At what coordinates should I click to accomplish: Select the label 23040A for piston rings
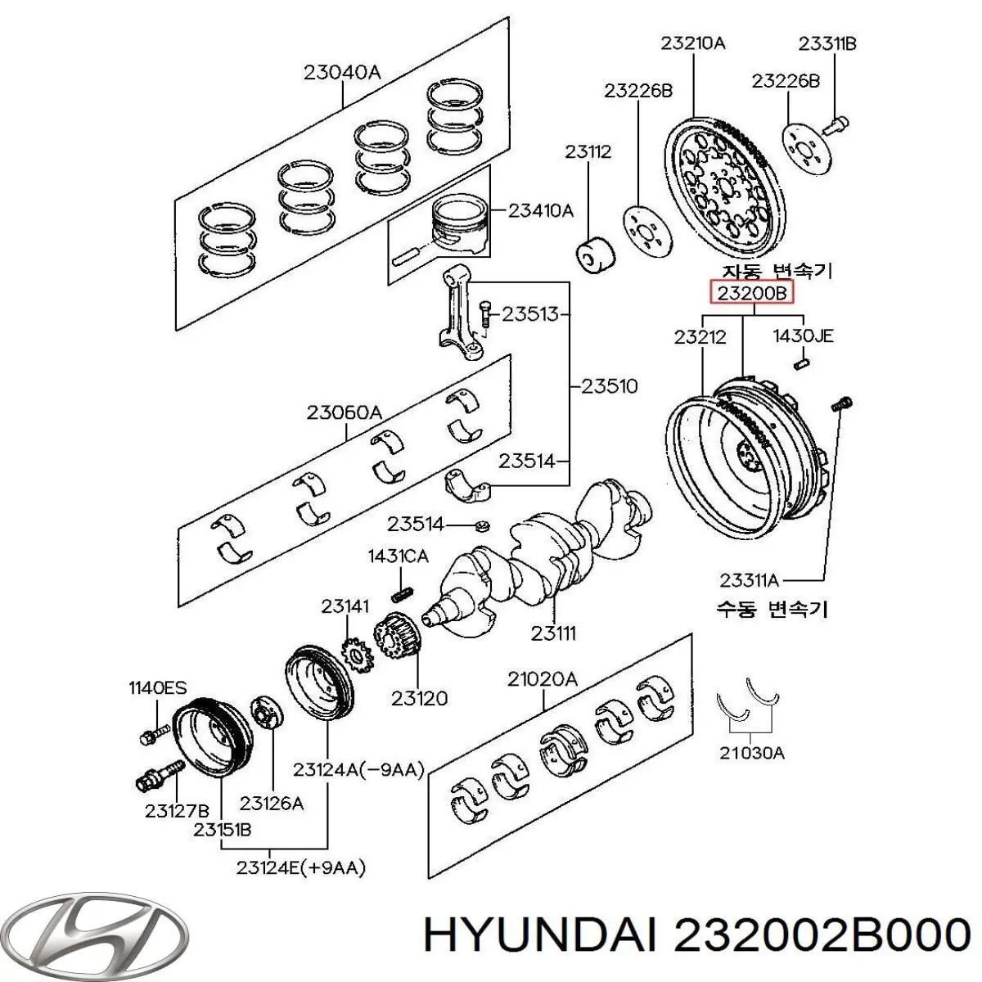(342, 72)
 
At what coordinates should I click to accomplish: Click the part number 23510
(609, 385)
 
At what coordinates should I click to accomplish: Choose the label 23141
(345, 606)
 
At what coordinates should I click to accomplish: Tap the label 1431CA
(398, 556)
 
